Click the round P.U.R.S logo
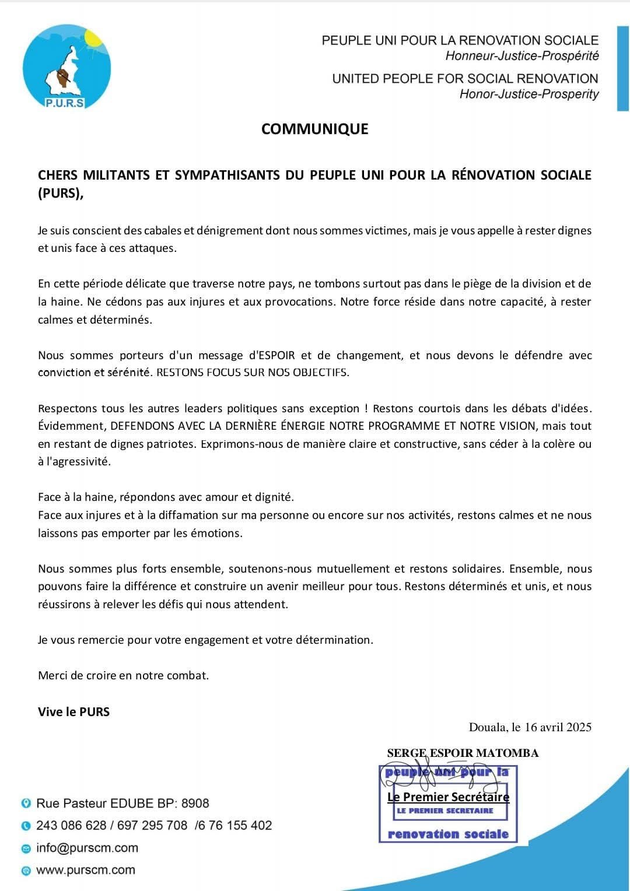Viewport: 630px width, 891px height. coord(66,67)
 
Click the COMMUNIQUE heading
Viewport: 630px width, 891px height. coord(314,129)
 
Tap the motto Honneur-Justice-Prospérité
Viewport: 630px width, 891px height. coord(521,56)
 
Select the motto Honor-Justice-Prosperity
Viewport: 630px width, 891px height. coord(528,94)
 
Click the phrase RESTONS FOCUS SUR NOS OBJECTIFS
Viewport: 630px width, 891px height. coord(253,373)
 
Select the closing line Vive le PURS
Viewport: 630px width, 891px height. coord(73,711)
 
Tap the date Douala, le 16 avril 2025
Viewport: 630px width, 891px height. coord(530,727)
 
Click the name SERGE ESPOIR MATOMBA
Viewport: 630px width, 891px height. coord(463,753)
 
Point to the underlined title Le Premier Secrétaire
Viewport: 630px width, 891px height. coord(448,797)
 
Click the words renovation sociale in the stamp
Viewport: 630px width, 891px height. coord(448,834)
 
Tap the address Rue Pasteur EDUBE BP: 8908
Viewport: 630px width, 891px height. coord(123,803)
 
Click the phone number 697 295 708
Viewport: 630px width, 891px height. coord(152,825)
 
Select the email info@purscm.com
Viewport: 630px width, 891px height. coord(87,847)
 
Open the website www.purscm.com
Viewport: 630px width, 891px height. coord(85,869)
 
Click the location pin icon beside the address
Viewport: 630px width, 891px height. coord(26,803)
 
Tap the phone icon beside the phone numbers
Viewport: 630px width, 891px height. coord(26,826)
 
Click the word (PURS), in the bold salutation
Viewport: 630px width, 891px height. coord(61,193)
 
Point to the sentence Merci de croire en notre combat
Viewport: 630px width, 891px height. coord(123,675)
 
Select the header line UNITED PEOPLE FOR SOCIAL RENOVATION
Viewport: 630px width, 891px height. coord(465,79)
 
